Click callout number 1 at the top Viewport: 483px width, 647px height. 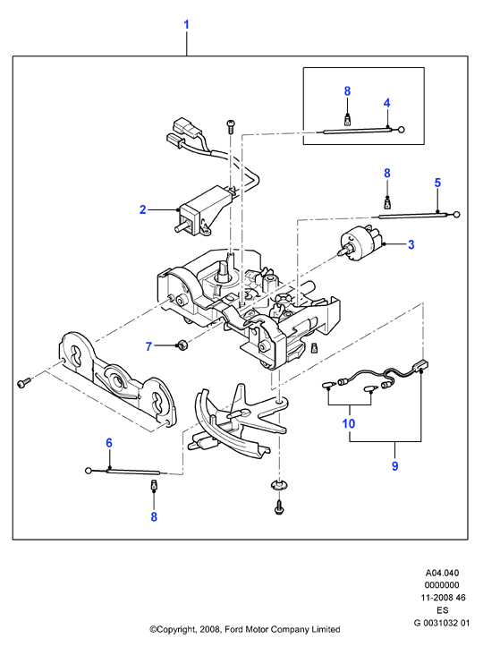[186, 24]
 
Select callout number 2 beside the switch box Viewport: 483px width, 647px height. [143, 209]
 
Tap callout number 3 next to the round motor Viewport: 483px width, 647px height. [411, 244]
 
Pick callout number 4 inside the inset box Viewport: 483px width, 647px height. [387, 103]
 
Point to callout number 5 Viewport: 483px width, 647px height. [437, 183]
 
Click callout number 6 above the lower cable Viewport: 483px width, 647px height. [109, 443]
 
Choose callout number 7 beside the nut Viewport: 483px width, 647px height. [148, 346]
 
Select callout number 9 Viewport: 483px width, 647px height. [394, 466]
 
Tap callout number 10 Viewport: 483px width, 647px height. [349, 423]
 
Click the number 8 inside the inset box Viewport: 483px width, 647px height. [347, 90]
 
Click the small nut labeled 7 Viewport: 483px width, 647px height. [182, 345]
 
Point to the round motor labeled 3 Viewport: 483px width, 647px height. [355, 243]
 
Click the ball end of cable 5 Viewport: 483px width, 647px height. [456, 215]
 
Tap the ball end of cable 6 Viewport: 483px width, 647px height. [89, 470]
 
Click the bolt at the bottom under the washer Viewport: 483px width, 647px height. [278, 507]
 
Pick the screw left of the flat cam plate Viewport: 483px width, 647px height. [24, 382]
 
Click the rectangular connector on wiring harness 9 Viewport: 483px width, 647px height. [421, 365]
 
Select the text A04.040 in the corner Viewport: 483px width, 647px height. [442, 573]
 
